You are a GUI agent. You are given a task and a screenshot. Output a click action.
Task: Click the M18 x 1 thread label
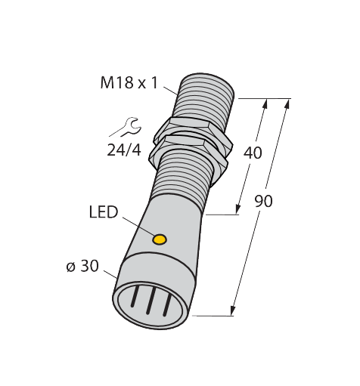129,83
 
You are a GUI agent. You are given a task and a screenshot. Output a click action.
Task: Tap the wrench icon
126,127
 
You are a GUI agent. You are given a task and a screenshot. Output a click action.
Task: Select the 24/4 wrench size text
124,151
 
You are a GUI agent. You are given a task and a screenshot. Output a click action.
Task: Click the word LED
104,212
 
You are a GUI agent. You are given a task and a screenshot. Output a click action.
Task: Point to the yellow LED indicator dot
160,239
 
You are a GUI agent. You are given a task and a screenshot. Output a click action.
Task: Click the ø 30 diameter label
82,266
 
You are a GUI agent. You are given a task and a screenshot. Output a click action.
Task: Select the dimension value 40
253,153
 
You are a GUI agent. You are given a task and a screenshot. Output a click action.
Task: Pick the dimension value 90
263,201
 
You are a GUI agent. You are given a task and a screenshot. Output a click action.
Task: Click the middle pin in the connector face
151,301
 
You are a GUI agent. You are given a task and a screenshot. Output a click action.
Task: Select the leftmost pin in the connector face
135,296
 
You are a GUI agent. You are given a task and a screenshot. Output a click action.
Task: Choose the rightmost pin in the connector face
167,306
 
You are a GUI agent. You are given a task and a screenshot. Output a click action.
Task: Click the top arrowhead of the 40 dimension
265,103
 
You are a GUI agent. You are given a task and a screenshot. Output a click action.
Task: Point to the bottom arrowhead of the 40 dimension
237,209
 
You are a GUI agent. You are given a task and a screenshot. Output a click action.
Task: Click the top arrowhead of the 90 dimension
287,103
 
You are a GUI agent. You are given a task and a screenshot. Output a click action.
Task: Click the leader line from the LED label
138,226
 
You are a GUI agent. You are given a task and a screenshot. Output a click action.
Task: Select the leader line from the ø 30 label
110,275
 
